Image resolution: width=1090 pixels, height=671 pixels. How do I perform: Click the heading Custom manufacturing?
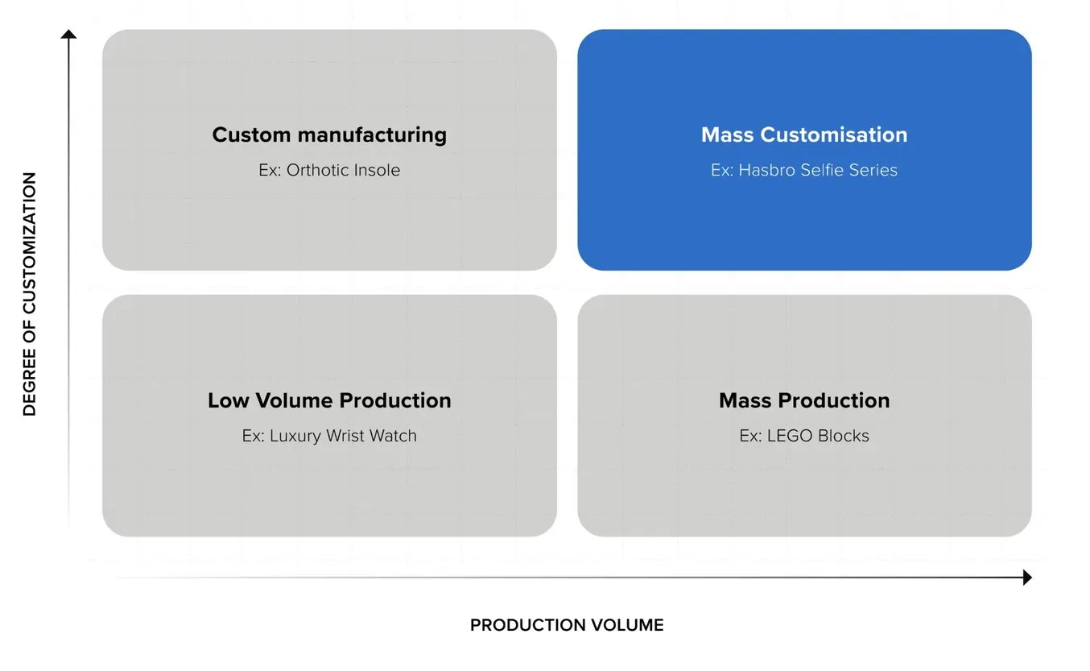coord(329,135)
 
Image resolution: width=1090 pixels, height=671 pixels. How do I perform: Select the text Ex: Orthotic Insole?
coord(329,170)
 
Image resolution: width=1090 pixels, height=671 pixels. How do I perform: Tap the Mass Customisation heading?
coord(804,135)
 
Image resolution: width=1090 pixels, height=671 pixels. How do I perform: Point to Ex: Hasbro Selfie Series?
coord(804,170)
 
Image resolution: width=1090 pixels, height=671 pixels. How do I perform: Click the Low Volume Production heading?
coord(329,400)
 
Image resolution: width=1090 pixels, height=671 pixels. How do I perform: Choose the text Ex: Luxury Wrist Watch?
coord(329,436)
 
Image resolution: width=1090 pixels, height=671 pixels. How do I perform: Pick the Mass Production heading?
coord(804,400)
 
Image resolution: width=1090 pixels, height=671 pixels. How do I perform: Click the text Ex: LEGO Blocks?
coord(804,436)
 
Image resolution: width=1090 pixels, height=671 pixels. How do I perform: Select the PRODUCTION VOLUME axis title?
coord(567,625)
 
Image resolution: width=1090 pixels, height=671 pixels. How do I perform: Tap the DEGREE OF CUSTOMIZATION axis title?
coord(30,294)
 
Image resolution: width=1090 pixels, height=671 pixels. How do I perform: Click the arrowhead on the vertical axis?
coord(69,34)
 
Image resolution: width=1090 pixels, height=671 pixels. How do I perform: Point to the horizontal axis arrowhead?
coord(1027,577)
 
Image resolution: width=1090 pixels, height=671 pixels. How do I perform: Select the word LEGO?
coord(790,436)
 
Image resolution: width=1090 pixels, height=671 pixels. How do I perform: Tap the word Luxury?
coord(295,436)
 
